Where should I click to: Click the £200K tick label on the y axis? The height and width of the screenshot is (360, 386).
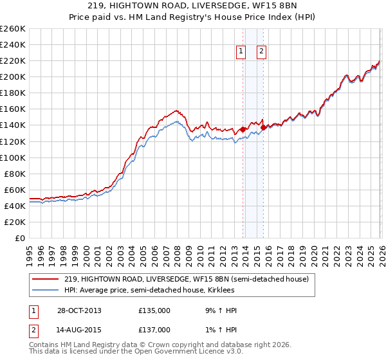pyautogui.click(x=13, y=76)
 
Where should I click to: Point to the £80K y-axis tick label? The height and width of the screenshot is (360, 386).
pyautogui.click(x=15, y=174)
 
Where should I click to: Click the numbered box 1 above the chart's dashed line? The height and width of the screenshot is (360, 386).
pyautogui.click(x=241, y=52)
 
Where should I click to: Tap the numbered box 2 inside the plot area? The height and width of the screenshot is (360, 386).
pyautogui.click(x=262, y=52)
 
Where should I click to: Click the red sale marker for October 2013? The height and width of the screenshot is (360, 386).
pyautogui.click(x=243, y=129)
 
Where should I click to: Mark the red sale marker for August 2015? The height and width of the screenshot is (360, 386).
pyautogui.click(x=264, y=127)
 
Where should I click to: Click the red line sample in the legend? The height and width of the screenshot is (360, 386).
pyautogui.click(x=46, y=279)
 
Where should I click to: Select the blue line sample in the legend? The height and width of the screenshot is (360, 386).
pyautogui.click(x=46, y=290)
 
